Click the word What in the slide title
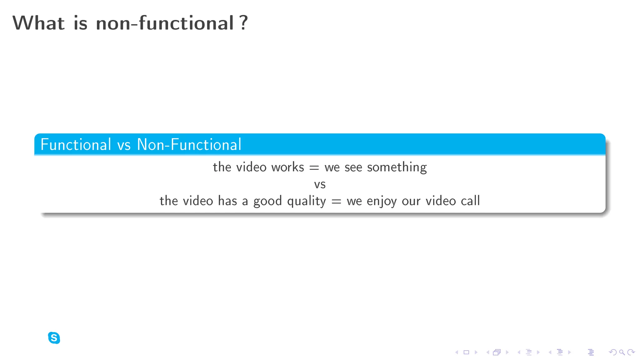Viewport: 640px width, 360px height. (38, 23)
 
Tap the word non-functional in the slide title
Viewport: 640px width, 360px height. (165, 23)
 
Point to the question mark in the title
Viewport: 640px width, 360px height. (244, 23)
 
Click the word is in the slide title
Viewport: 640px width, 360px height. (80, 23)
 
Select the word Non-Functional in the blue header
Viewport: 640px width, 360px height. (189, 145)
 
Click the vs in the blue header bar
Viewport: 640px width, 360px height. (124, 146)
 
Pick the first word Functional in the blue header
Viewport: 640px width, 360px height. (76, 145)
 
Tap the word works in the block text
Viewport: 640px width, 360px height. (287, 167)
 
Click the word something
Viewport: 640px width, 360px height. (397, 167)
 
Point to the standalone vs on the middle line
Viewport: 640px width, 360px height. (320, 184)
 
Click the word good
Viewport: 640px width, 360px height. (267, 201)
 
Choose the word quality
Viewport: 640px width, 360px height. (306, 201)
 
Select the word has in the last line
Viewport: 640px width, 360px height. (227, 201)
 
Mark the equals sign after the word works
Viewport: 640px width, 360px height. (314, 168)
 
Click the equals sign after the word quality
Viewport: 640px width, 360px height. (336, 202)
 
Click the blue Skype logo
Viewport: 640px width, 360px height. (54, 338)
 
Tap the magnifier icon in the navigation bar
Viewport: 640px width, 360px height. (622, 352)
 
